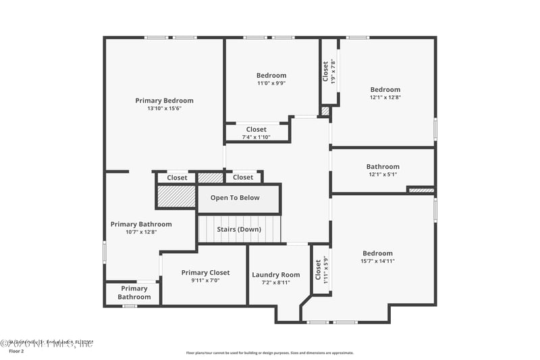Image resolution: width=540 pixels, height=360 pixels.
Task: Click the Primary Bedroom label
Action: pos(164,101)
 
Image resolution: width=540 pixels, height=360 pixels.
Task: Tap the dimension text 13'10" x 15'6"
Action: pos(164,108)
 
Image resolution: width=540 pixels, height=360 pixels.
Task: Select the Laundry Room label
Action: pos(275,275)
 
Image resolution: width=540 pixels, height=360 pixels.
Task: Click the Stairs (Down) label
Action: pos(238,229)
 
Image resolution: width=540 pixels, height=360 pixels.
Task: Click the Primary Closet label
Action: pos(205,273)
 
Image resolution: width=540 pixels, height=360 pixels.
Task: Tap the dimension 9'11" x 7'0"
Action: pos(205,280)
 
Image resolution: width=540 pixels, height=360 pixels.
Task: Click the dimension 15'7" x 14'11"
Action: pos(377,261)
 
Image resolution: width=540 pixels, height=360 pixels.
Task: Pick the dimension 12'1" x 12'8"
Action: pos(385,97)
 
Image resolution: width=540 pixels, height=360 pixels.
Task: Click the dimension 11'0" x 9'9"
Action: pos(271,83)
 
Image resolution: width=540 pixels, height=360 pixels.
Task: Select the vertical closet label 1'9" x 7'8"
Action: pos(329,72)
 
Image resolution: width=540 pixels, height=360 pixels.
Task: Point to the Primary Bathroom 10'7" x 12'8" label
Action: pos(141,228)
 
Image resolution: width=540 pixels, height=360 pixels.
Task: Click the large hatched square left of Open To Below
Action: pos(175,197)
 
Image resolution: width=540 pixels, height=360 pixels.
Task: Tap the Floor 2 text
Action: pos(16,351)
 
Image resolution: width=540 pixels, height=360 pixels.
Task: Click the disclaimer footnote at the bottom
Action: pos(269,353)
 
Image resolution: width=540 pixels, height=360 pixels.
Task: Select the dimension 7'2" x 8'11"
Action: pos(275,282)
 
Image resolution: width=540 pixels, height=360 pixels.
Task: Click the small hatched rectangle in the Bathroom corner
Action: pos(421,190)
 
